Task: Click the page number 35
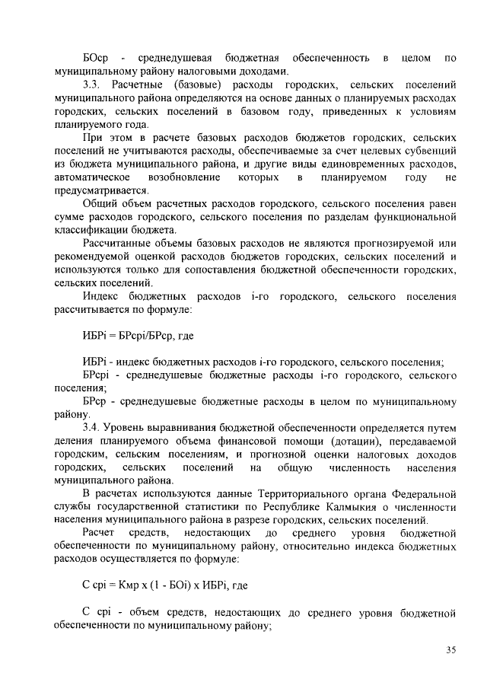[x=450, y=649]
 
